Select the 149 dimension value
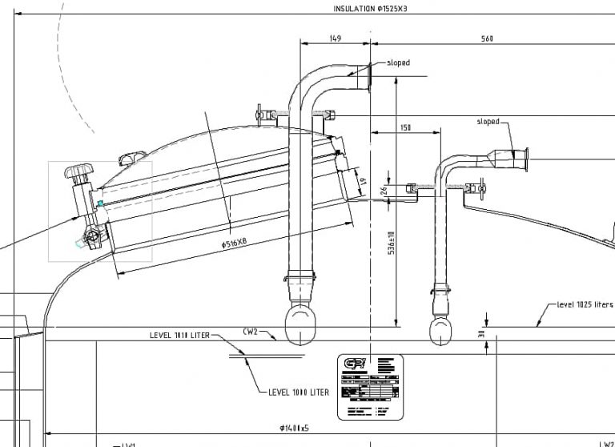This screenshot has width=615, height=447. [x=335, y=38]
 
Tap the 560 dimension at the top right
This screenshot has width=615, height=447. [x=487, y=38]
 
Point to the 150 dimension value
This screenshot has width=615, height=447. [x=404, y=127]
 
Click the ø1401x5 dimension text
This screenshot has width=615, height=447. [x=295, y=428]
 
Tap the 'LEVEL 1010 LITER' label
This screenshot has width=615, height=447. [x=179, y=335]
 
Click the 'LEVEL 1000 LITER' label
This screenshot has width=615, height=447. [x=299, y=393]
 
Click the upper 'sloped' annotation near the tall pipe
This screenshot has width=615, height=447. [x=398, y=62]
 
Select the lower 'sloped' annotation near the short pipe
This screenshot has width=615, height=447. [x=488, y=122]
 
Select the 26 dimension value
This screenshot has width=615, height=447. [x=383, y=190]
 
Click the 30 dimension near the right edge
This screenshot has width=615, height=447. [x=481, y=335]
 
